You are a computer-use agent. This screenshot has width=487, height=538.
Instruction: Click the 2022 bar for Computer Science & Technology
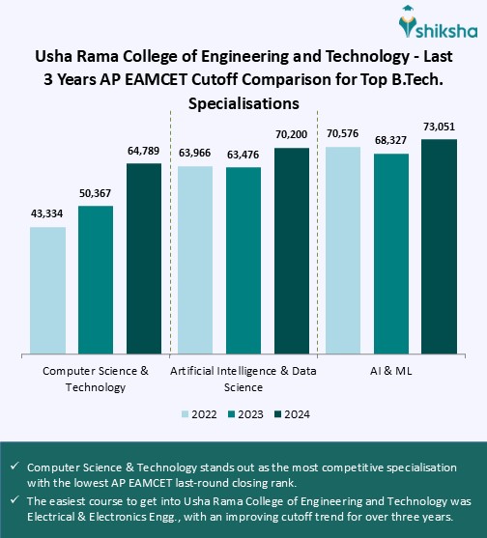pyautogui.click(x=54, y=291)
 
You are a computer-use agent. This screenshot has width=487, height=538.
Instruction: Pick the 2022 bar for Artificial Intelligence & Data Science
pyautogui.click(x=196, y=260)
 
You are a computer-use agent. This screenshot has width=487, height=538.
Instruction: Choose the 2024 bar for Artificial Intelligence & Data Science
pyautogui.click(x=292, y=251)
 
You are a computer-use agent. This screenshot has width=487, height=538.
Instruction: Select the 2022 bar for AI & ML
pyautogui.click(x=343, y=250)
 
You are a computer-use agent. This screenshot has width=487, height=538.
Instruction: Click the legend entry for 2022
pyautogui.click(x=198, y=414)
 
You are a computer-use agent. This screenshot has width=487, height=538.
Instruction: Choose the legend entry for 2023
pyautogui.click(x=243, y=414)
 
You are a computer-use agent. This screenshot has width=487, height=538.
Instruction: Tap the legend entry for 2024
pyautogui.click(x=290, y=414)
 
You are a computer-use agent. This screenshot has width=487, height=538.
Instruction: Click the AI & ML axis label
pyautogui.click(x=389, y=371)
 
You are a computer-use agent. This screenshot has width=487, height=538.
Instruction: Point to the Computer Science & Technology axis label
pyautogui.click(x=97, y=379)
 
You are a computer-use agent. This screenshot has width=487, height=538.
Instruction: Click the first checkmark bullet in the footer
pyautogui.click(x=14, y=466)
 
